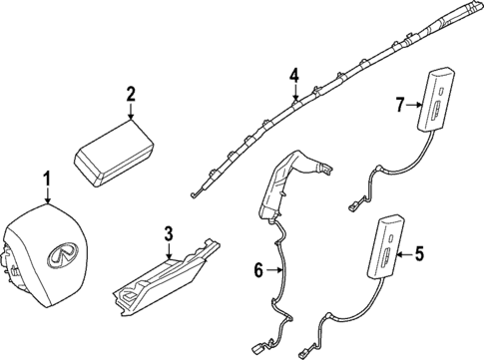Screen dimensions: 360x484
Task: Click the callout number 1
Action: tap(45, 180)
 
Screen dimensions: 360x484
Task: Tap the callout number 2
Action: tap(131, 96)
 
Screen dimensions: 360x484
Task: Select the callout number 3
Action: tap(169, 234)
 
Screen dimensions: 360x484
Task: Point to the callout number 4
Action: tap(294, 76)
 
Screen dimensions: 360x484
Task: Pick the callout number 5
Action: tap(419, 254)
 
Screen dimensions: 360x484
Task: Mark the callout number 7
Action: tap(398, 104)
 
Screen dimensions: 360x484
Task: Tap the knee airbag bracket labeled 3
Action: tap(165, 279)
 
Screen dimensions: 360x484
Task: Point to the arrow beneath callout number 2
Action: tap(131, 115)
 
